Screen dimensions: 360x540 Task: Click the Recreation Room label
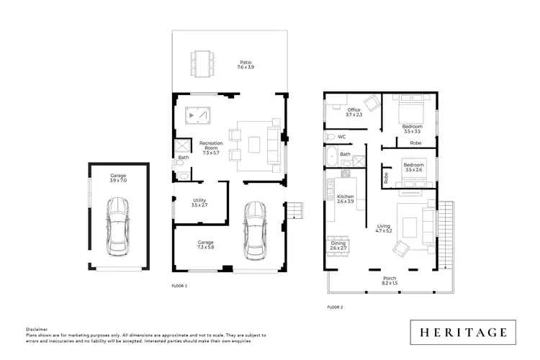pos(211,148)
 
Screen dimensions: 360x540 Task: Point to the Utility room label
pos(199,202)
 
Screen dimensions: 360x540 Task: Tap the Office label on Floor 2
pos(354,112)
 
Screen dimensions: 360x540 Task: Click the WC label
pos(342,136)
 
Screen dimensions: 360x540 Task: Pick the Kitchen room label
pos(346,199)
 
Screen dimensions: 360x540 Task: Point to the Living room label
pos(383,228)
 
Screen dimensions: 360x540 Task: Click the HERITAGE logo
pos(463,332)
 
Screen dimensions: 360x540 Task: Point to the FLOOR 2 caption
pos(335,307)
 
